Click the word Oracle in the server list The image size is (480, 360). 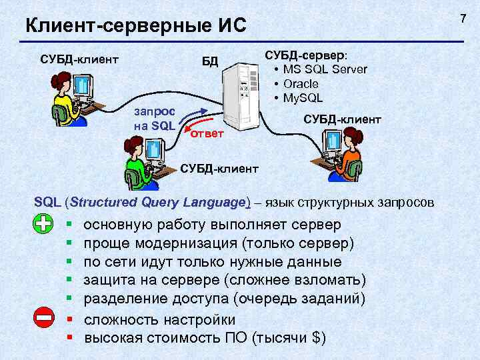(x=301, y=84)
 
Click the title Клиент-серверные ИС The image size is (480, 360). (x=135, y=27)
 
